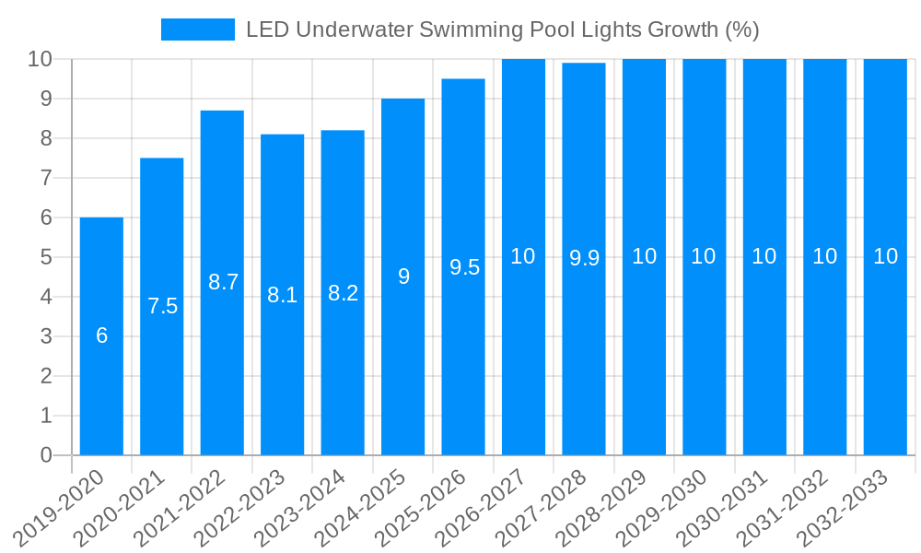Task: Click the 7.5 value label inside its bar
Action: point(162,306)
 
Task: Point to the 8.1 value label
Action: point(282,295)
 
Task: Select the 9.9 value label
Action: point(584,258)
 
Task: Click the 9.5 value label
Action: point(464,267)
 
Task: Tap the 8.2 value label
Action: point(343,293)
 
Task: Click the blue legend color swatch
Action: point(197,29)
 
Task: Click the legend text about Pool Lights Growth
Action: point(502,29)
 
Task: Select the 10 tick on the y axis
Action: point(40,59)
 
